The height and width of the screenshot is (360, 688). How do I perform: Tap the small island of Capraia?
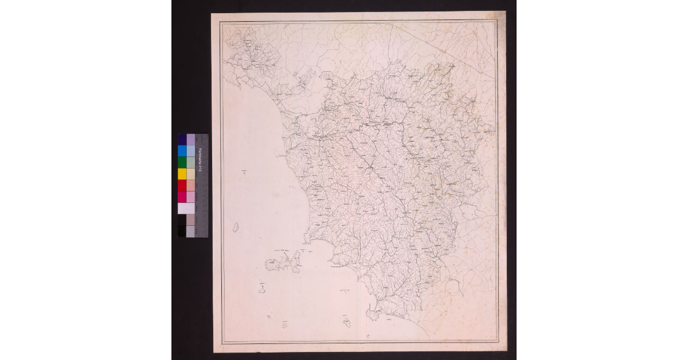[235, 228]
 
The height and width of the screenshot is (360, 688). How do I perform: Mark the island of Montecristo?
[284, 324]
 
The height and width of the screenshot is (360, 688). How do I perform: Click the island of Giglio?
[347, 322]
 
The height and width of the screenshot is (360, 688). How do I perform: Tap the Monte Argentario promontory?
[374, 314]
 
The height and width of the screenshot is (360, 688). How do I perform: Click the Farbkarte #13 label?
[200, 158]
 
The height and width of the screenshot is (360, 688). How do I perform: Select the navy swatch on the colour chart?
[182, 139]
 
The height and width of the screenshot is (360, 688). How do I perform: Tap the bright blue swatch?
[182, 151]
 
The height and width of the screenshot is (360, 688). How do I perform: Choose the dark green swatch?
[182, 162]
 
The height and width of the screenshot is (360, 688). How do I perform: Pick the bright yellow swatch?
[182, 174]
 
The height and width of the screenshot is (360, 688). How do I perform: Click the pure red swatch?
[182, 185]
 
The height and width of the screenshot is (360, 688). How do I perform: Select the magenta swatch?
[182, 197]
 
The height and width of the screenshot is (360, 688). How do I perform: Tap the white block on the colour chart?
[186, 208]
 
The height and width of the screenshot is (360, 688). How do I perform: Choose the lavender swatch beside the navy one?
[190, 139]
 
